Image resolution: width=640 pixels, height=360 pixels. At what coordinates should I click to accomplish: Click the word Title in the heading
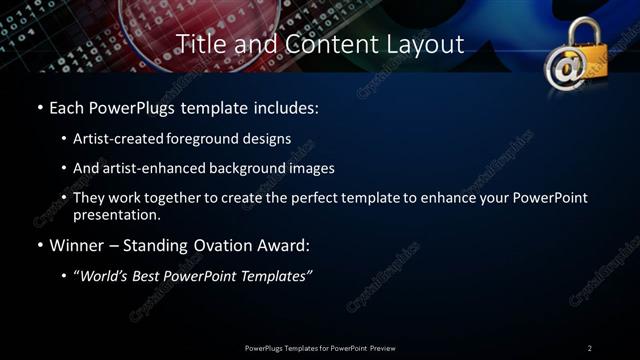200,45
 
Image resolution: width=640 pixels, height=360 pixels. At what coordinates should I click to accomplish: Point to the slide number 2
589,348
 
